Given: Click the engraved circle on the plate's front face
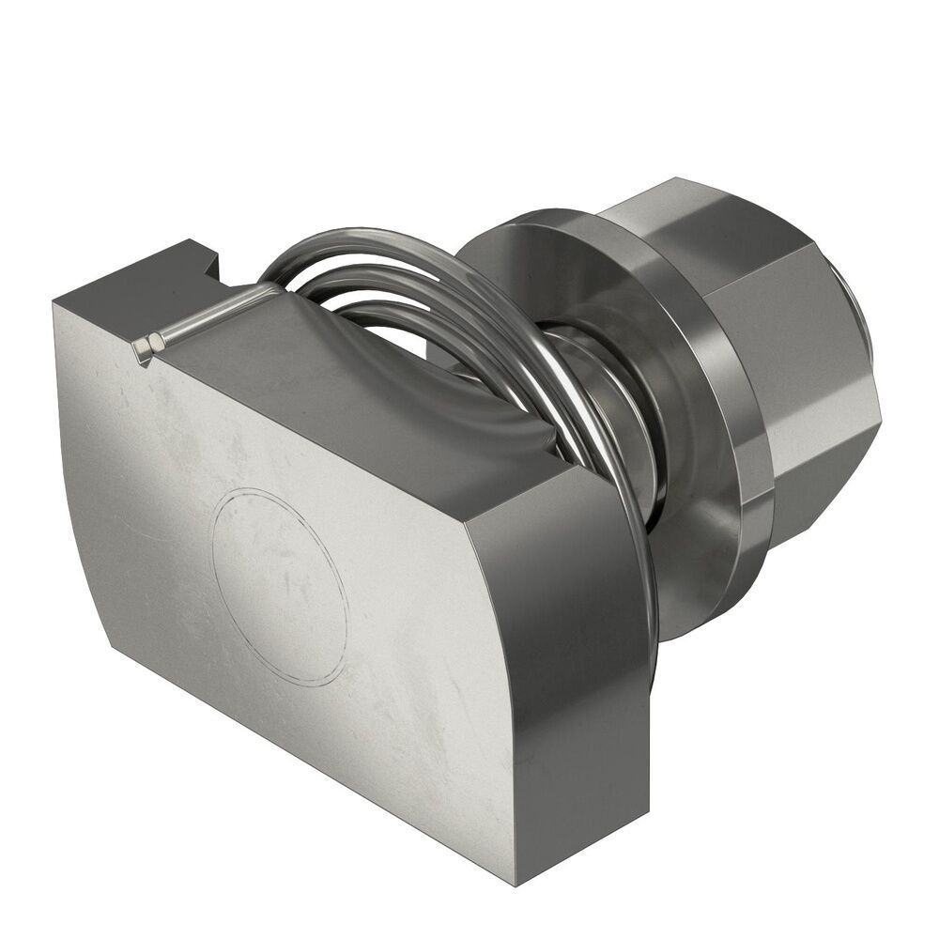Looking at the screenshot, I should [x=280, y=587].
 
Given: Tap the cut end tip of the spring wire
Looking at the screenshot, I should [x=143, y=348].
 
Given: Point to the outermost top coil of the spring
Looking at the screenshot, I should [x=376, y=239].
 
